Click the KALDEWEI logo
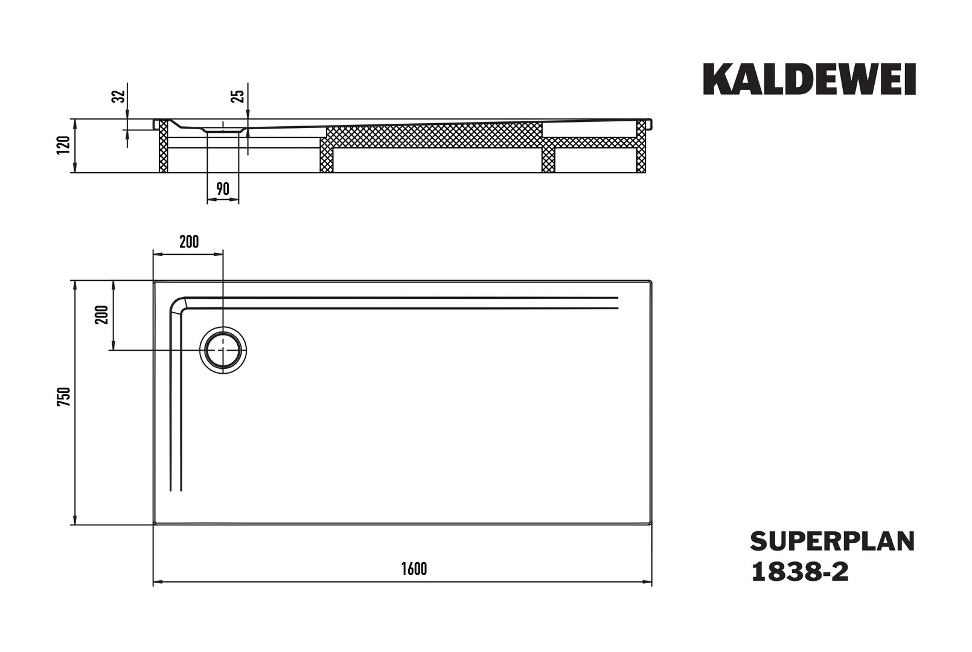pos(809,79)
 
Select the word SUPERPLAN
pos(833,542)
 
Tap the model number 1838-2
pos(800,572)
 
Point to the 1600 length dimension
pos(414,569)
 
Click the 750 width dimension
pos(64,397)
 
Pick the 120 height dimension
pos(63,145)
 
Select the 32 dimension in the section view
pos(118,96)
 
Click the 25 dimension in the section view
pos(238,96)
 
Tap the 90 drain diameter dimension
pos(222,189)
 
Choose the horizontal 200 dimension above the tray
pos(189,241)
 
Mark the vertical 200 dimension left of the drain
pos(101,315)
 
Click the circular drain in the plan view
pos(223,350)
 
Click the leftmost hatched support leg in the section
pos(164,146)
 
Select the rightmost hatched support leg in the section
pos(641,146)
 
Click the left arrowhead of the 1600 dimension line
pos(157,581)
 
